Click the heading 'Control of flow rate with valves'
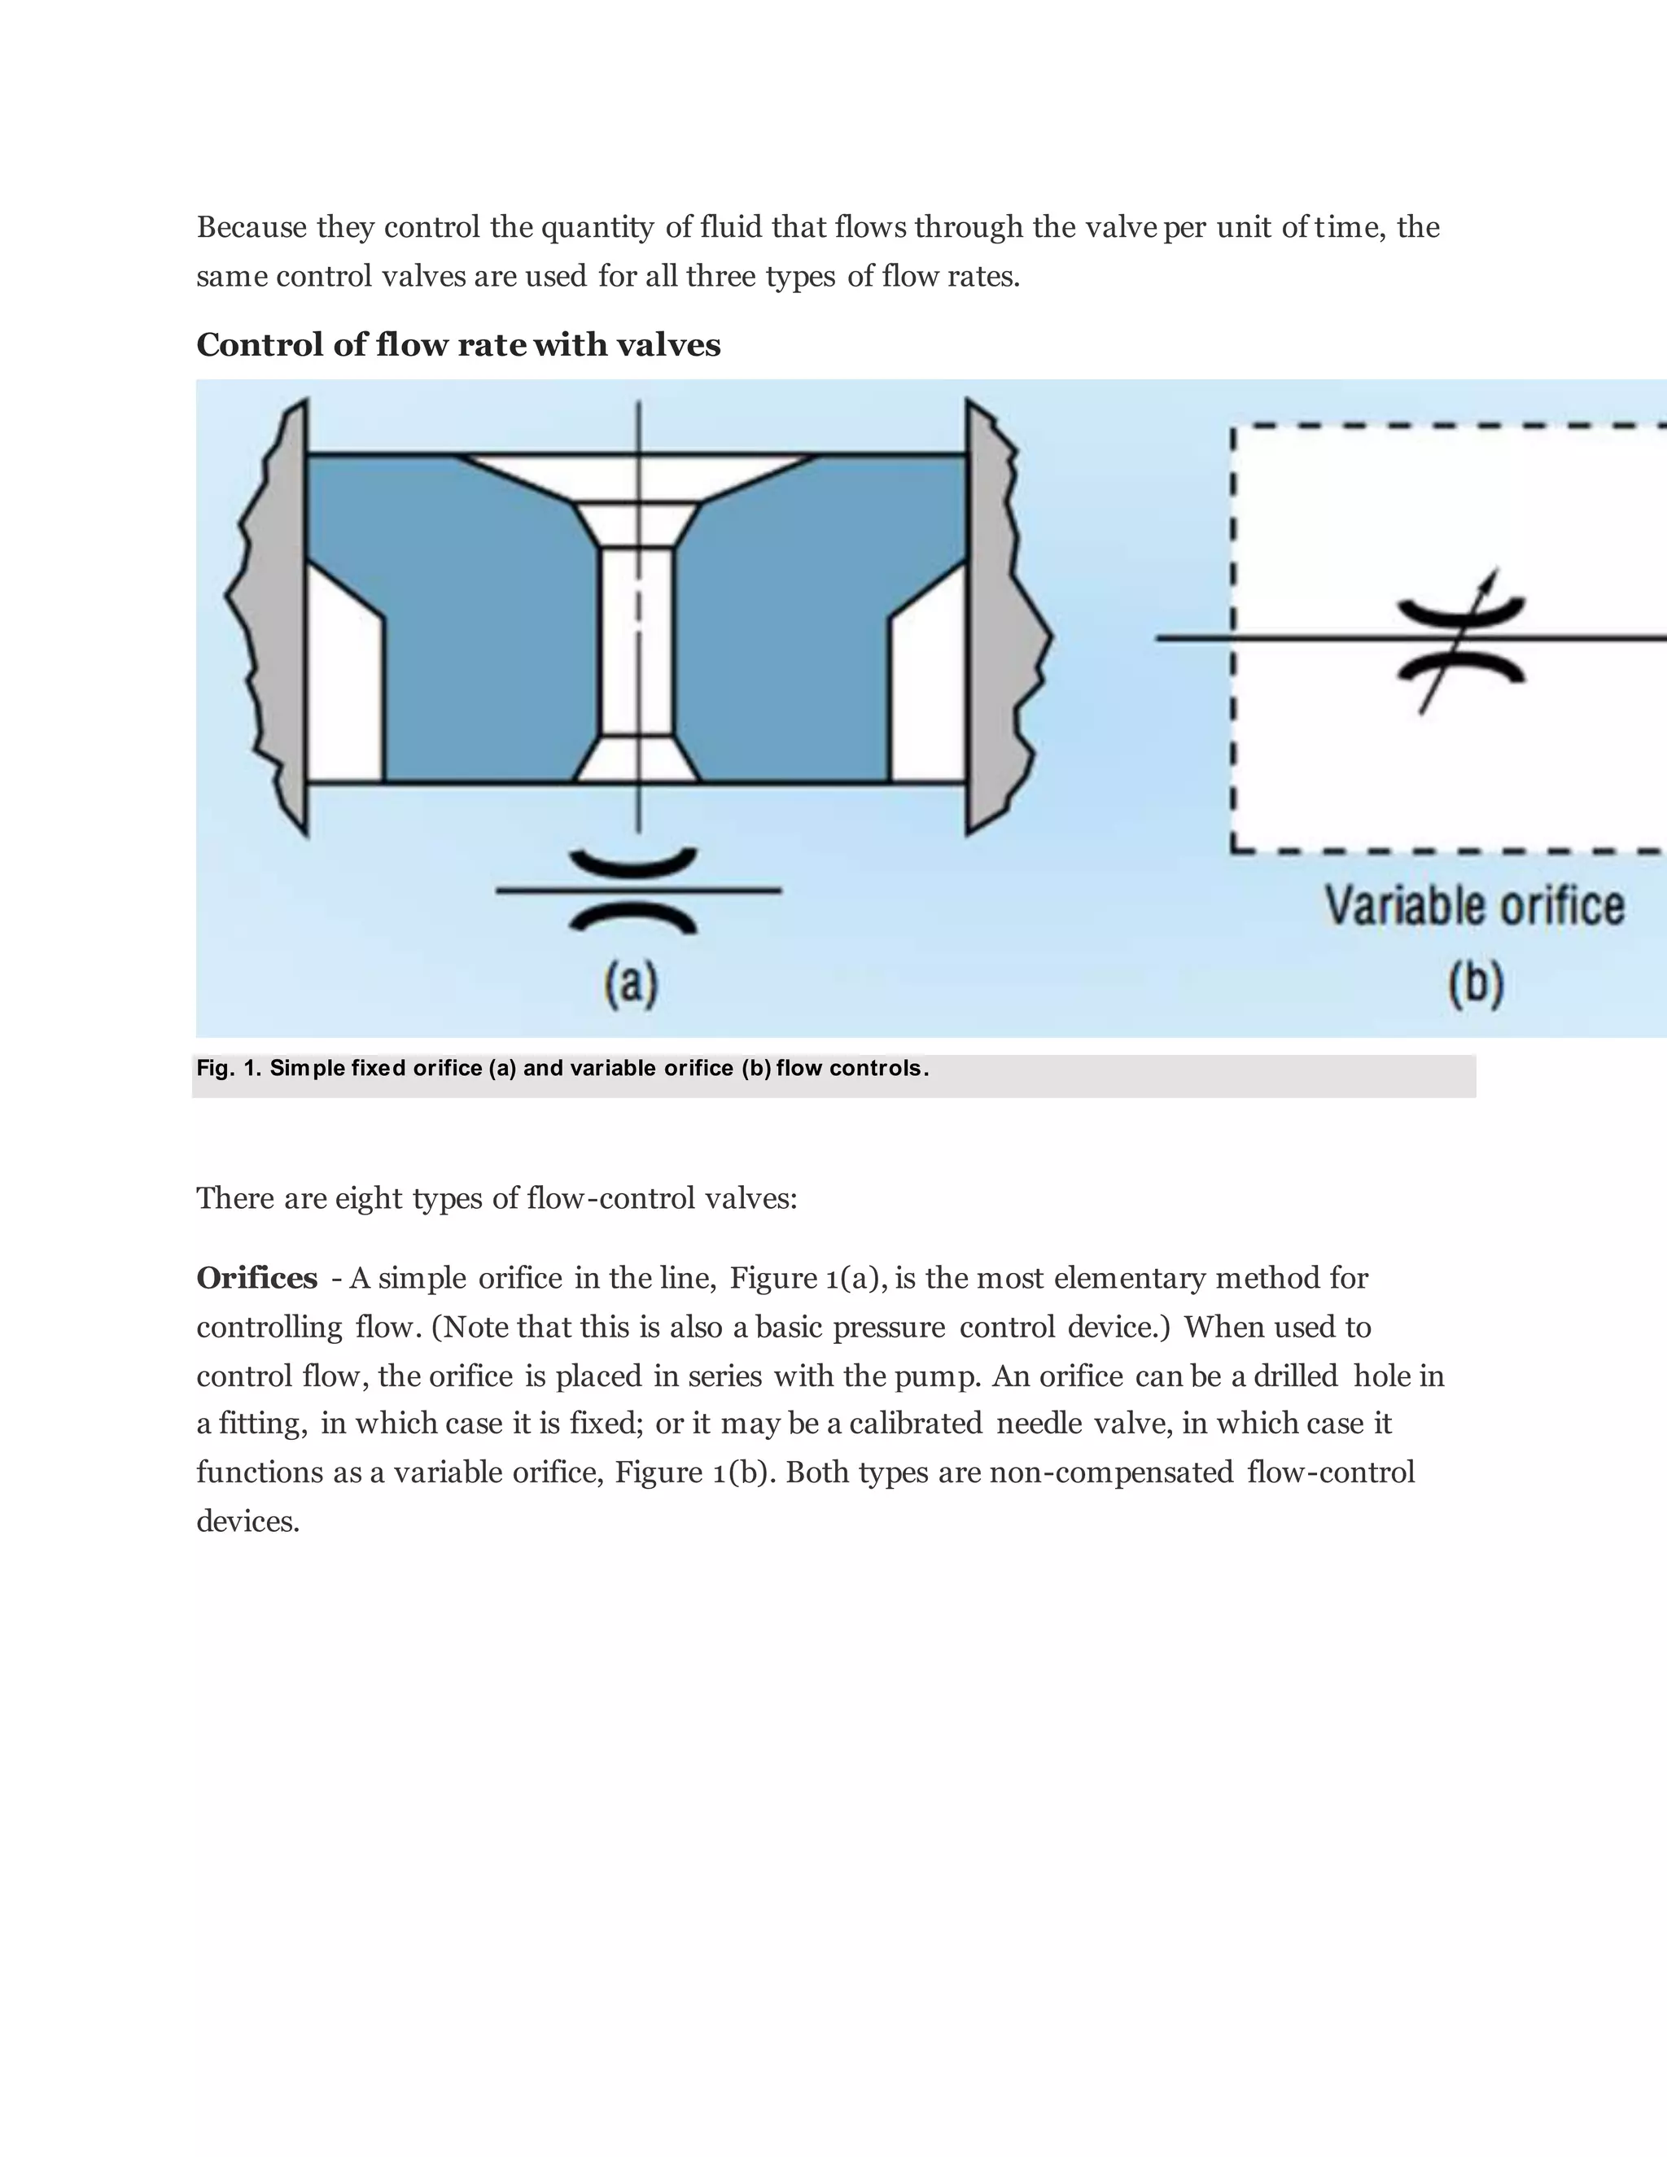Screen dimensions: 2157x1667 [458, 344]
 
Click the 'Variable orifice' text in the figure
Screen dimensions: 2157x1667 [1473, 906]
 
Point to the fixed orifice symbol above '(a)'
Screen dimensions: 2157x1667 [636, 890]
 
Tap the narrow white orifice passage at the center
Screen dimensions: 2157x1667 [638, 642]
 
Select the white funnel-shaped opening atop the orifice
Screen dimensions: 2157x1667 [638, 478]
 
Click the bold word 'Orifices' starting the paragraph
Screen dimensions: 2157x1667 [256, 1278]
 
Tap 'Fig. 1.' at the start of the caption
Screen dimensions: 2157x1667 [228, 1068]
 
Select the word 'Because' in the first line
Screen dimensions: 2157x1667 [252, 227]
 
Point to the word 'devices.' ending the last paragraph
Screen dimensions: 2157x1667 [248, 1521]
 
